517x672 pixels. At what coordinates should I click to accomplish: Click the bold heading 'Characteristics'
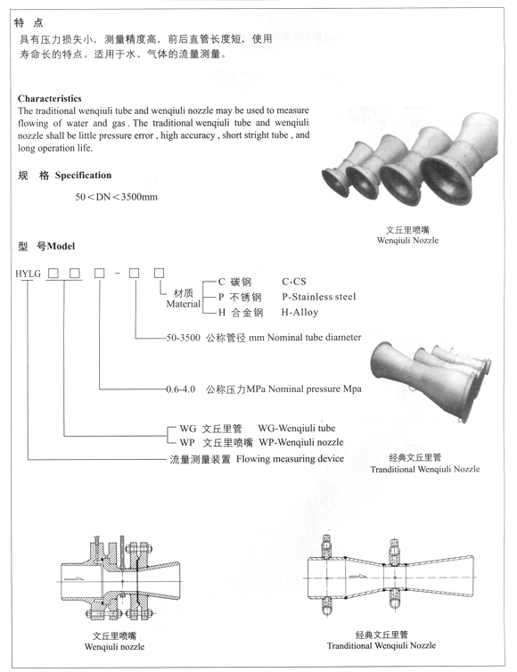[x=50, y=98]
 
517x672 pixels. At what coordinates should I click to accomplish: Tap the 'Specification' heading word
[x=84, y=175]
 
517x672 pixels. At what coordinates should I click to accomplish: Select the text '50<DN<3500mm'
[x=117, y=196]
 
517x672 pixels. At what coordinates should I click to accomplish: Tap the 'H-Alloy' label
[x=300, y=312]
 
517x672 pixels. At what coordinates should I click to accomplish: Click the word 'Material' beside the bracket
[x=184, y=304]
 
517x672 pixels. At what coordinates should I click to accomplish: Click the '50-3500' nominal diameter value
[x=184, y=338]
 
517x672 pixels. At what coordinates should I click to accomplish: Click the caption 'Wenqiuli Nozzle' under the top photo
[x=408, y=241]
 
